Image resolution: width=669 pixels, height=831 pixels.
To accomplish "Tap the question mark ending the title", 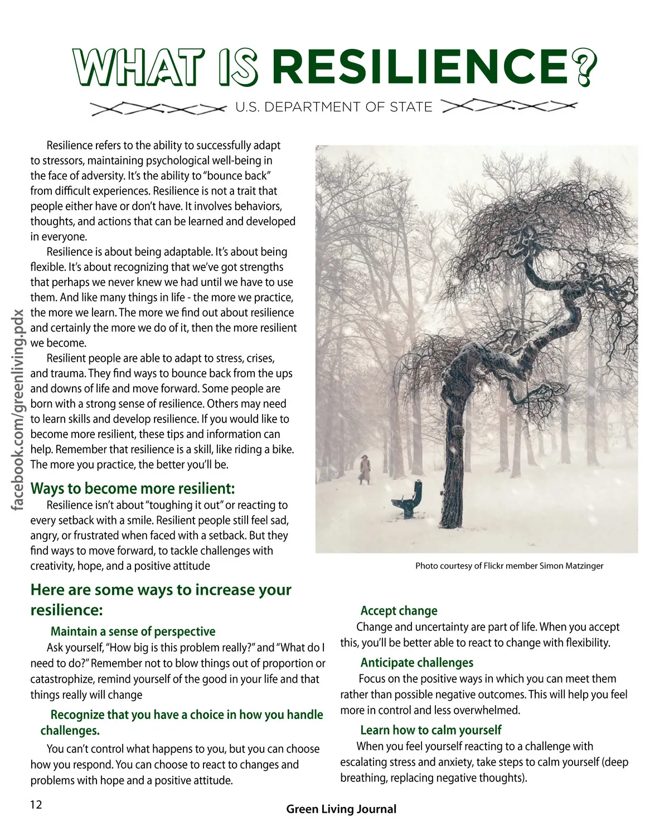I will click(x=583, y=67).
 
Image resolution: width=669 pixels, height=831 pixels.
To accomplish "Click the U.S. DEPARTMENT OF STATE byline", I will click(x=333, y=107).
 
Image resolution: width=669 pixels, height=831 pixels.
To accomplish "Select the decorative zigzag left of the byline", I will click(x=158, y=109).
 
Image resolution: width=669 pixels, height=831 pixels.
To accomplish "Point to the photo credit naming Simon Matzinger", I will click(x=509, y=566).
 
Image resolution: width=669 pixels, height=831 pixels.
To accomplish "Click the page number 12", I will click(x=36, y=805).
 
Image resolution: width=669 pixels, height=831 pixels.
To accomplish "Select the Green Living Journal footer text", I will click(x=341, y=809).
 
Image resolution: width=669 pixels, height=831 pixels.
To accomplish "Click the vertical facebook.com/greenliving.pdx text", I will click(x=18, y=409).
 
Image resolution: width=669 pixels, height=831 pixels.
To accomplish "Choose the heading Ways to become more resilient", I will click(x=133, y=489).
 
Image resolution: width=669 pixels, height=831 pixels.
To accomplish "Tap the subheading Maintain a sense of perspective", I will click(x=133, y=631).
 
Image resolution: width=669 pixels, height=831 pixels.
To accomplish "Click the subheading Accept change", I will click(x=399, y=611).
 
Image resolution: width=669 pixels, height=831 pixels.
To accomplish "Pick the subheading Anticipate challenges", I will click(x=416, y=663).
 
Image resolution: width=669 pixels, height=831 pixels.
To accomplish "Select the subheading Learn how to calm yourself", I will click(x=430, y=730).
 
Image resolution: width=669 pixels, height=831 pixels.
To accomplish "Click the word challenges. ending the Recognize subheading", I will click(x=70, y=731).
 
